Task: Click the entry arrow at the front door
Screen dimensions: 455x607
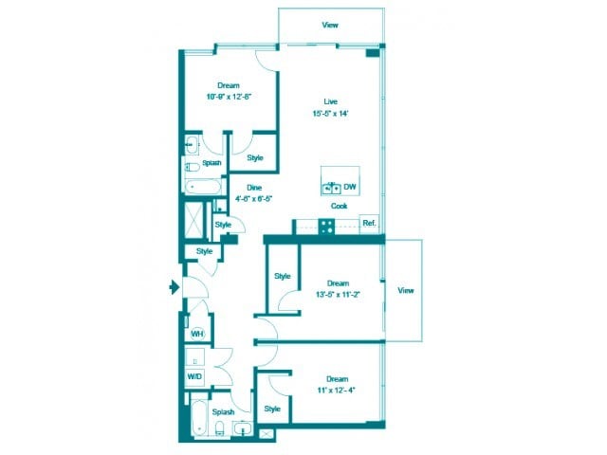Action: [174, 286]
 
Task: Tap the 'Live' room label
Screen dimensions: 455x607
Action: [331, 101]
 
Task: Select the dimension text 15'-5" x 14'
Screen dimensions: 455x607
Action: [331, 113]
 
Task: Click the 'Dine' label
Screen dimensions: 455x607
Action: [254, 188]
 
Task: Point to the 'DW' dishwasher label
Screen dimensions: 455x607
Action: [350, 187]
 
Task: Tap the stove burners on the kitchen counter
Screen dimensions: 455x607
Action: [325, 226]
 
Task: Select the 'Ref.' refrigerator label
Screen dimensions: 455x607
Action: [369, 224]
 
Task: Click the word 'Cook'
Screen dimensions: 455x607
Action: [339, 206]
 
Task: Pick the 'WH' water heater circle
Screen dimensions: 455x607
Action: [197, 334]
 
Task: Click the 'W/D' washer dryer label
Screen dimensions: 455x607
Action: [194, 376]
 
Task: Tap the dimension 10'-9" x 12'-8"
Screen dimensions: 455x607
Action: [228, 96]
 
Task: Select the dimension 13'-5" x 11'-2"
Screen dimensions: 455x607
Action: [338, 294]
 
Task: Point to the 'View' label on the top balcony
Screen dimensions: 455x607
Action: [330, 25]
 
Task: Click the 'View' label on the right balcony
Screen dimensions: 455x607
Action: [406, 289]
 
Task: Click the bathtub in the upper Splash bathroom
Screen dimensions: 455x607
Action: [201, 186]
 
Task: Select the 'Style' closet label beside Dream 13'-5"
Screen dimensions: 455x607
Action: [282, 276]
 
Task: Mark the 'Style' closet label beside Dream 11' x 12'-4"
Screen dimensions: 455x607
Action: [272, 409]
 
